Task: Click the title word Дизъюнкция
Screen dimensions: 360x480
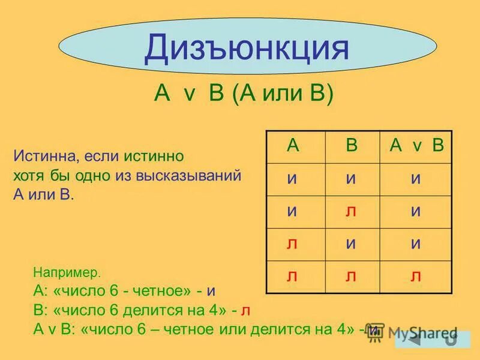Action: tap(246, 49)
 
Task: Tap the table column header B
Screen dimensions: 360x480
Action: tap(352, 146)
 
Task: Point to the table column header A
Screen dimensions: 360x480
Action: tap(293, 146)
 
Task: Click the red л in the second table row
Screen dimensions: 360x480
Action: tap(352, 211)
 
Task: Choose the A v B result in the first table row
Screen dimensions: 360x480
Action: tap(416, 179)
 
